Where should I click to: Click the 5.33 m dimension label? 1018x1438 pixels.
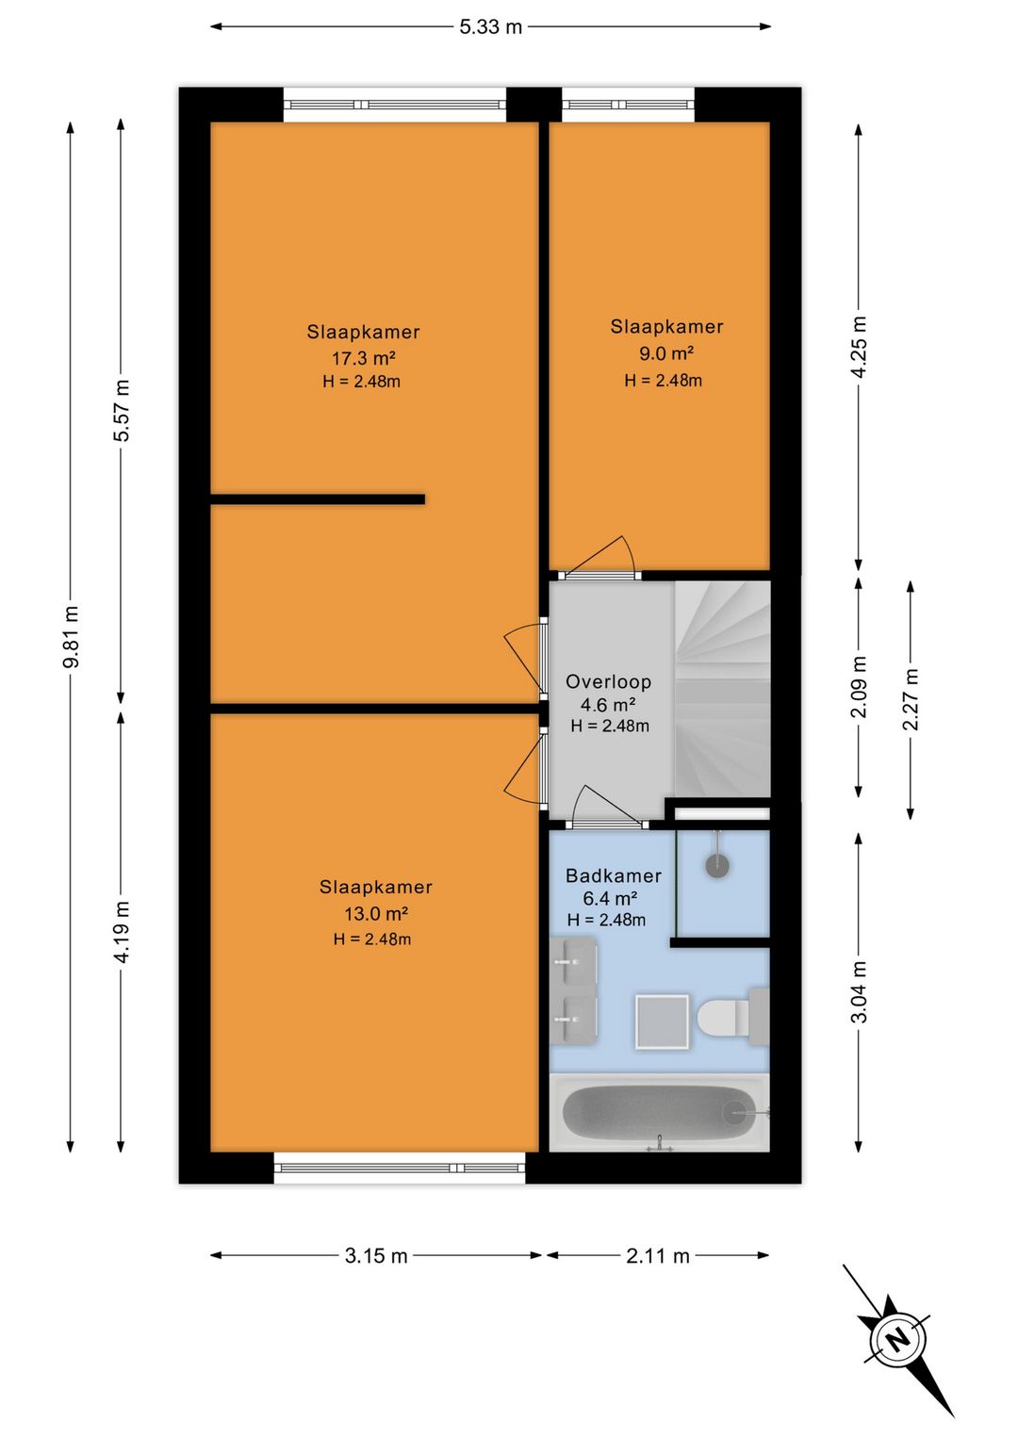pos(490,27)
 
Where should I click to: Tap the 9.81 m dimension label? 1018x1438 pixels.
pos(71,636)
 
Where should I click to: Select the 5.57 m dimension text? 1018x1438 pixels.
pos(122,410)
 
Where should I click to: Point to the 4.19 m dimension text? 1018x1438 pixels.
pos(122,931)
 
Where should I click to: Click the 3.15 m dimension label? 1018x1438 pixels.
pos(376,1255)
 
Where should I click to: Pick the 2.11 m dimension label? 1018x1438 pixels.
pos(658,1255)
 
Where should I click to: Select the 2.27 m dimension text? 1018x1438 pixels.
pos(911,699)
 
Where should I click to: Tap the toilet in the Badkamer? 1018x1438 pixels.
pos(732,1018)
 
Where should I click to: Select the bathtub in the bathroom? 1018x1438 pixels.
pos(659,1115)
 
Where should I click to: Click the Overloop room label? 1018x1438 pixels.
pos(608,681)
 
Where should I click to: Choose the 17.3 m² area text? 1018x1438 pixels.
pos(363,357)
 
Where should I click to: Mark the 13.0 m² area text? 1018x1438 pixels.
pos(376,913)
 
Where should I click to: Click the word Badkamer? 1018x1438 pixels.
pos(614,875)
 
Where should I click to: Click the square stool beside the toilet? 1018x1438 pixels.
pos(662,1022)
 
